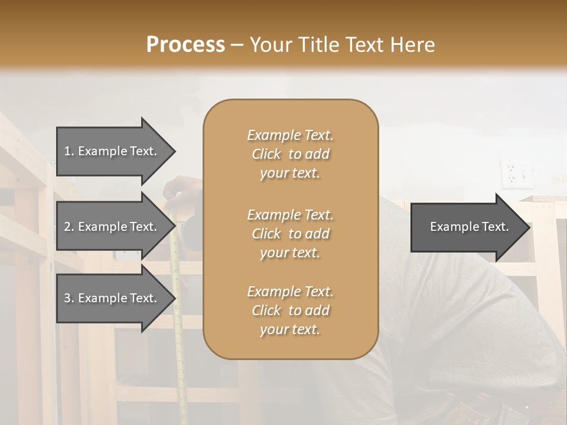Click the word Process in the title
coord(185,45)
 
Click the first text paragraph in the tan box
coord(290,154)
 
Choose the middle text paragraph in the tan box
coord(290,233)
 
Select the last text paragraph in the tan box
coord(290,310)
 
